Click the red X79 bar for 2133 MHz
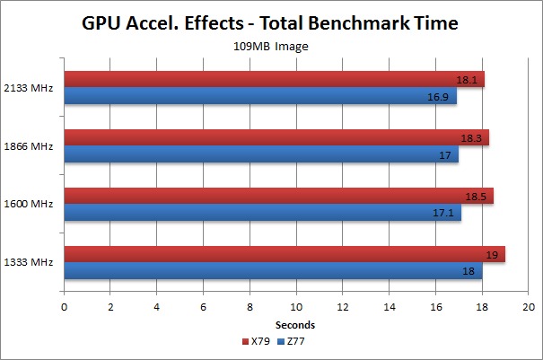coord(269,80)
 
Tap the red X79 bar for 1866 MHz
coord(269,137)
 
